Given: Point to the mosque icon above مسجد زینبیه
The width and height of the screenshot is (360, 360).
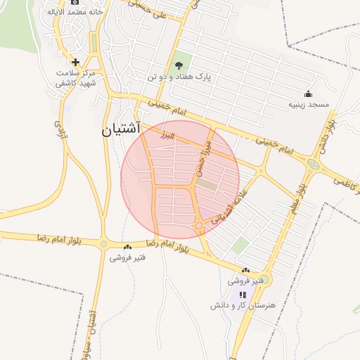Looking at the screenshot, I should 307,94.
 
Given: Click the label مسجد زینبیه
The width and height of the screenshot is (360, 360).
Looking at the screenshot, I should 307,104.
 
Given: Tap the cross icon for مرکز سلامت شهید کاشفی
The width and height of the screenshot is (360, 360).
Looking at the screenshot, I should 75,62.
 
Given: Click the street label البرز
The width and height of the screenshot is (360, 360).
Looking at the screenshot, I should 166,134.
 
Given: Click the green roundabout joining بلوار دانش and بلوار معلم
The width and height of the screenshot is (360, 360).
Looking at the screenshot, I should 311,165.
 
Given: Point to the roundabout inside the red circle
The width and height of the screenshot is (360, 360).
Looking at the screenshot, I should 200,226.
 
